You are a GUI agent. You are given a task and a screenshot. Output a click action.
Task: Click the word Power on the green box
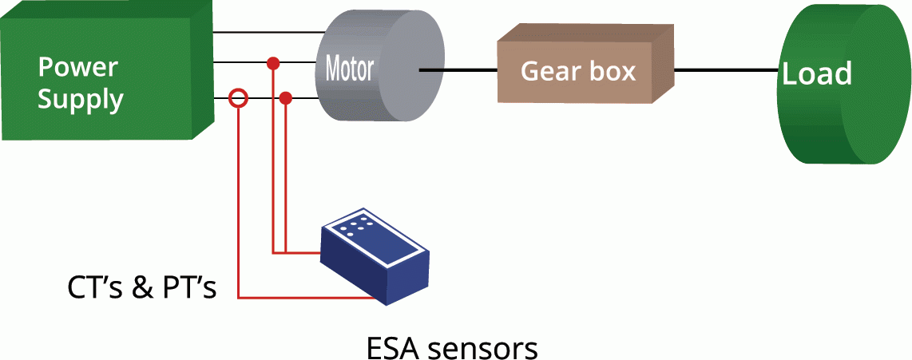click(78, 66)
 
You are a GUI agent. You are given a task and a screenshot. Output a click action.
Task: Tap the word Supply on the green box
click(81, 101)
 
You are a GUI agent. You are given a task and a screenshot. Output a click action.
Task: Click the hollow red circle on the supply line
click(238, 98)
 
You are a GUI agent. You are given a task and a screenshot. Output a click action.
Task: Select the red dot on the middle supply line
click(273, 62)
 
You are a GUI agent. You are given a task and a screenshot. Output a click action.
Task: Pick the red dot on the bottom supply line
click(286, 98)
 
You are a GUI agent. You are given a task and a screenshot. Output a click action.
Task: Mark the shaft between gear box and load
click(725, 70)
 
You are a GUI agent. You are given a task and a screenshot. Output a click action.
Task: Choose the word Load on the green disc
click(816, 73)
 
